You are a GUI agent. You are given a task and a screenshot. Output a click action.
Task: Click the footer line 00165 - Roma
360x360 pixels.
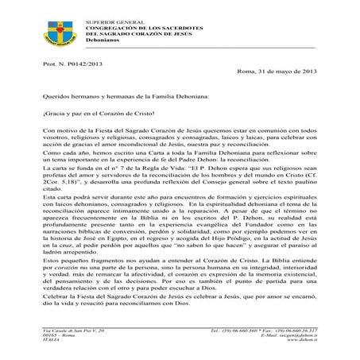tap(59, 335)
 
